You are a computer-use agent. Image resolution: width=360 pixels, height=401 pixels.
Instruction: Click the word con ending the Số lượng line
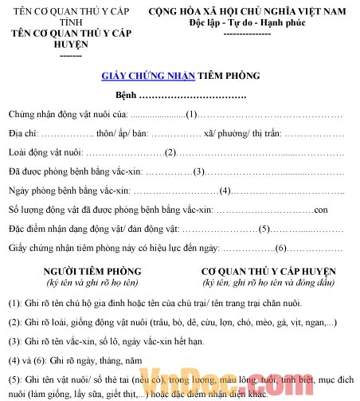[x=321, y=210]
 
